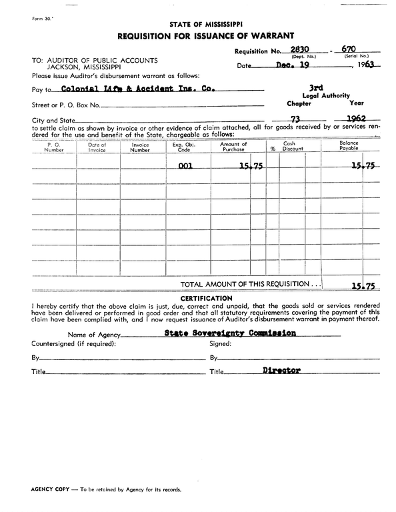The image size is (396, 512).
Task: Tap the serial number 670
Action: click(348, 49)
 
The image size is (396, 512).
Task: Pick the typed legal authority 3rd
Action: click(317, 87)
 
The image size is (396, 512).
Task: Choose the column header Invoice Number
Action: click(140, 147)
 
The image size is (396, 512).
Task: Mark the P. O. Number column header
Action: click(54, 147)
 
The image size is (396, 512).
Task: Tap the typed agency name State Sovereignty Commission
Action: click(230, 333)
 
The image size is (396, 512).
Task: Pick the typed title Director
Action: click(281, 370)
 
